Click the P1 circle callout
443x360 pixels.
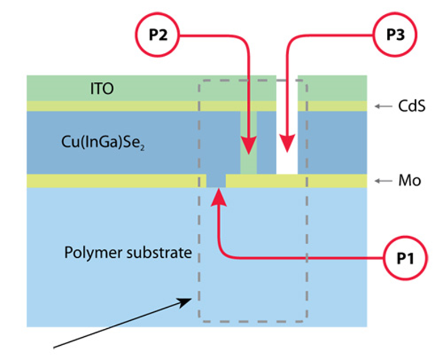coord(406,258)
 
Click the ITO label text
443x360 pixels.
coord(102,89)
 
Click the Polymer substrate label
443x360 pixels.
coord(128,252)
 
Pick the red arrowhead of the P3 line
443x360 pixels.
coord(286,145)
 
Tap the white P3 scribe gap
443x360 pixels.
coord(286,162)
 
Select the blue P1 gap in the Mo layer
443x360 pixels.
coord(216,181)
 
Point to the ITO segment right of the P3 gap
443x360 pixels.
coord(332,88)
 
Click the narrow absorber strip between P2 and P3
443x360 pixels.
coord(267,142)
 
